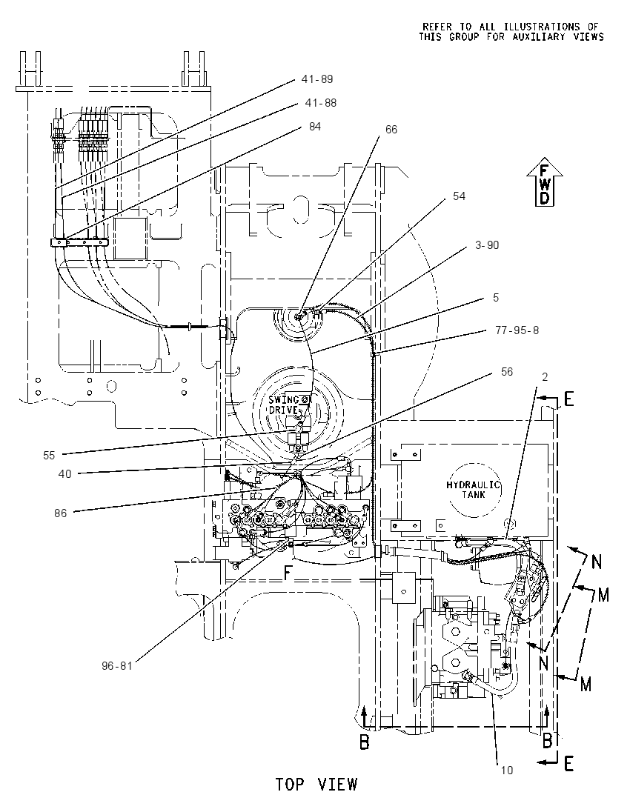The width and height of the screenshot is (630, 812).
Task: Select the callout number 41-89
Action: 317,79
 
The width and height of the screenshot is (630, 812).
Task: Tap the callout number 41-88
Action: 321,103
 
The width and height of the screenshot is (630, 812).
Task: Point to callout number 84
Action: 315,127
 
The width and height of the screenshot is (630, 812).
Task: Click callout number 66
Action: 391,130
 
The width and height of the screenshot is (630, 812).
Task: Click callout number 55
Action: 49,455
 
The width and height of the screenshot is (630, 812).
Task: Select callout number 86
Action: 61,513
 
